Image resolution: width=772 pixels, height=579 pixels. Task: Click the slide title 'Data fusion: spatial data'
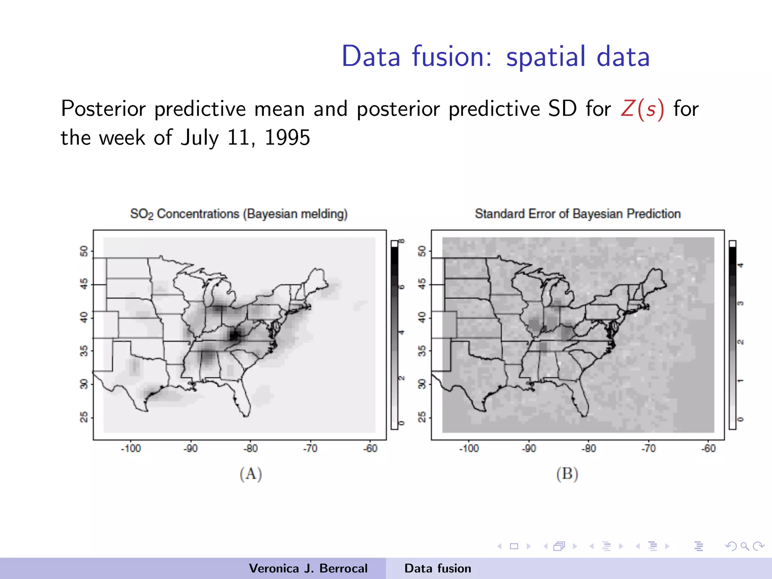495,57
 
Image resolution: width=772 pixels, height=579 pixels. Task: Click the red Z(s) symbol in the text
642,109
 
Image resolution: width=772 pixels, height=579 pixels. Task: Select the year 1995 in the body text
287,138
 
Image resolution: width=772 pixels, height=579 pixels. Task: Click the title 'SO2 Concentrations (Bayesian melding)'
239,214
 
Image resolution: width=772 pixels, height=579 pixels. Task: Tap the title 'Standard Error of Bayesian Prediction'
577,214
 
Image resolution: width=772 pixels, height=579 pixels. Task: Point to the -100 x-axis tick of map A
130,448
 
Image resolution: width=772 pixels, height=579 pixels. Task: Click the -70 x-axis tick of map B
648,448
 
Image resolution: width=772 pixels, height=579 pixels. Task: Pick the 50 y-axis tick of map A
84,251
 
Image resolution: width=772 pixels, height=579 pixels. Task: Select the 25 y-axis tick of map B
422,417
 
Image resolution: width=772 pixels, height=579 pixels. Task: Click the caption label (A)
251,474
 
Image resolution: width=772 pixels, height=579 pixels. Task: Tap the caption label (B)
567,474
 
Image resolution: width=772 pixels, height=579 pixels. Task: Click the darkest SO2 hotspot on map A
234,335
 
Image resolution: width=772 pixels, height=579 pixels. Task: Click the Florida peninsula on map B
581,400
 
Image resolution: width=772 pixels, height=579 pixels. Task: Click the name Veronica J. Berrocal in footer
308,568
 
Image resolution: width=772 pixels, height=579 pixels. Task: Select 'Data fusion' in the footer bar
438,568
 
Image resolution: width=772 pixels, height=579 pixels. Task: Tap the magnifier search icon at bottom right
744,546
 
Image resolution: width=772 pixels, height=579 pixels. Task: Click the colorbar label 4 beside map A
402,332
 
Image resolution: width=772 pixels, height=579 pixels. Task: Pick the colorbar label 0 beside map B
740,419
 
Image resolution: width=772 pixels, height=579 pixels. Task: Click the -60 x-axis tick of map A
370,448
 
